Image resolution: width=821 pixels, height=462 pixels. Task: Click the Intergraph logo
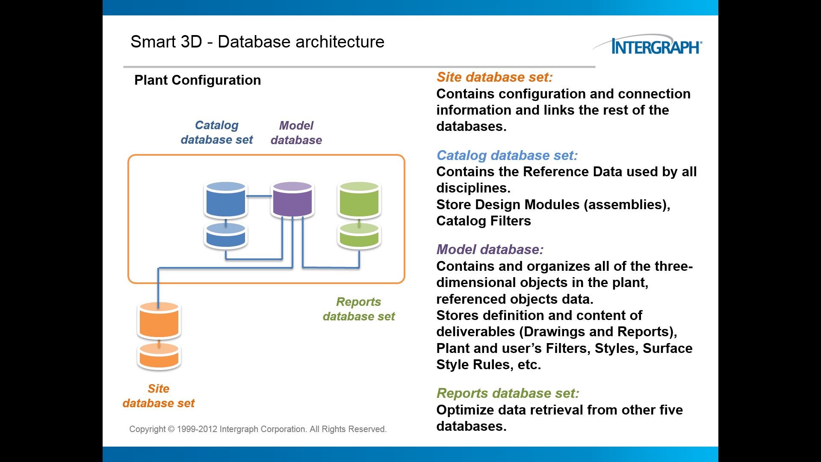point(647,44)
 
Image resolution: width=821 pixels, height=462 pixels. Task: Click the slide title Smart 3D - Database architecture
point(257,42)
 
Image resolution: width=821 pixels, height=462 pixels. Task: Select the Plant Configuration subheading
point(198,80)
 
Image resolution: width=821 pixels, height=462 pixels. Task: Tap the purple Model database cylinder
point(292,199)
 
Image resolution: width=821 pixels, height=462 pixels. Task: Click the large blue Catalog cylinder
point(226,199)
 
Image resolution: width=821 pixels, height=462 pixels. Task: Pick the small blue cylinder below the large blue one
point(226,236)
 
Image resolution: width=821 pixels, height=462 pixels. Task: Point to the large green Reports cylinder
point(359,199)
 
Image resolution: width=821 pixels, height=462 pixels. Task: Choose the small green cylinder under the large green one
point(359,236)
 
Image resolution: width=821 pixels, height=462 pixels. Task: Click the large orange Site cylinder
point(159,320)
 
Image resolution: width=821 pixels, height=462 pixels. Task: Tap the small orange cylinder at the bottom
point(159,356)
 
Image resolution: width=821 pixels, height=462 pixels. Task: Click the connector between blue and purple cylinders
point(259,196)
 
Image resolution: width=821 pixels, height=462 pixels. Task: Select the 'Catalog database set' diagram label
point(217,133)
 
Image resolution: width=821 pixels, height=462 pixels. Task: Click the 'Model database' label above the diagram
point(296,133)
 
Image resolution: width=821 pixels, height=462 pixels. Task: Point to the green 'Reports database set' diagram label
point(359,309)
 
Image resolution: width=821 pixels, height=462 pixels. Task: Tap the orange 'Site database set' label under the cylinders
point(159,396)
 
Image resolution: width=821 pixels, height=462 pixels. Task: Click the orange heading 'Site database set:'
point(495,77)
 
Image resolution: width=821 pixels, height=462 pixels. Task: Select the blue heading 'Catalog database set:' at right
point(507,155)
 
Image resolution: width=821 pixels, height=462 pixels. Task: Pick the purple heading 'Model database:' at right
point(490,249)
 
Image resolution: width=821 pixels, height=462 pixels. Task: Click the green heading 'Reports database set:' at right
point(508,393)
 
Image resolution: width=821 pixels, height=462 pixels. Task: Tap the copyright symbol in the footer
point(171,429)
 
